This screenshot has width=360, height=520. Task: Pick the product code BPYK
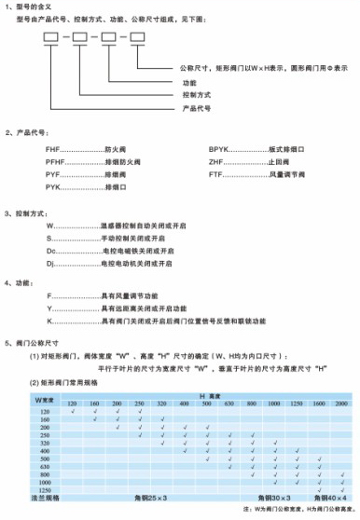(220, 147)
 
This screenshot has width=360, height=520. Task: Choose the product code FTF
(216, 173)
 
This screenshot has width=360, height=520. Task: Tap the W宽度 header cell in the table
(46, 399)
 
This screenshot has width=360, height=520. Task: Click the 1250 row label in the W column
(43, 489)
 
